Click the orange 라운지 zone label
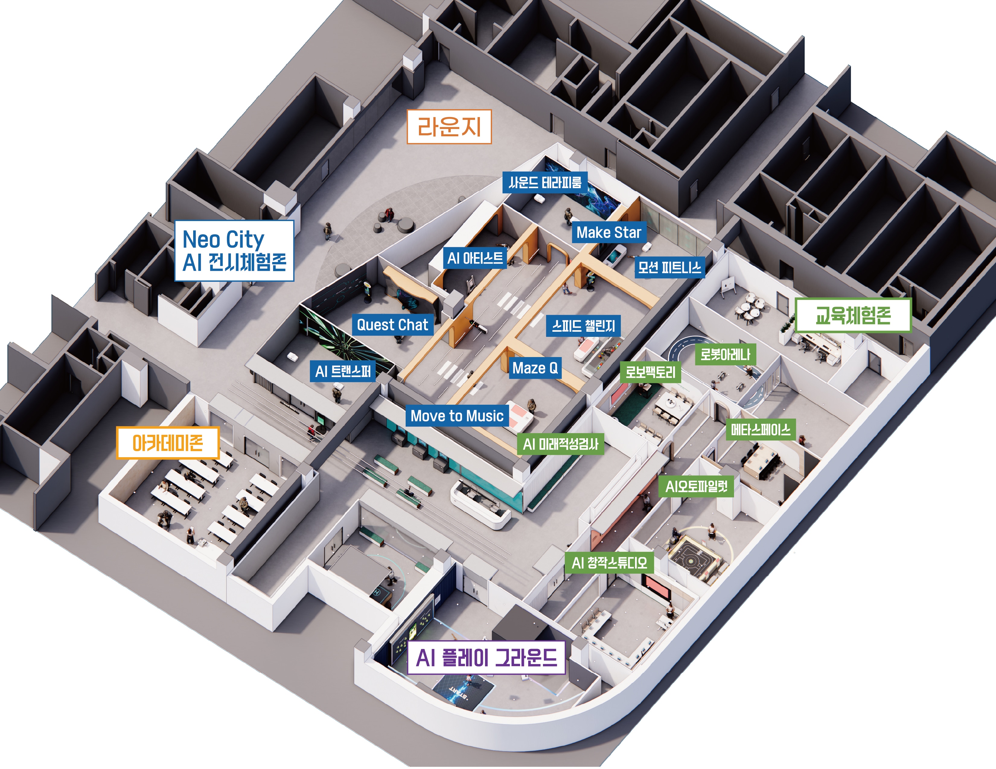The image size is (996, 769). click(x=449, y=127)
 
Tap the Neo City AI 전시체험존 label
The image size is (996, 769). click(x=234, y=251)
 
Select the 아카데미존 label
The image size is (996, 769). click(x=168, y=442)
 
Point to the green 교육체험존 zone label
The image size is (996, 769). click(x=853, y=315)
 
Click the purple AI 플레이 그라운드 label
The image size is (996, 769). click(x=486, y=657)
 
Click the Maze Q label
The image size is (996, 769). click(x=535, y=368)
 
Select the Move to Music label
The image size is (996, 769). click(x=457, y=416)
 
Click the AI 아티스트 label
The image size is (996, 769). click(x=475, y=258)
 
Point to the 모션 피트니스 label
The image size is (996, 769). click(x=669, y=267)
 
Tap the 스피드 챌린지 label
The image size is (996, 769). click(x=583, y=326)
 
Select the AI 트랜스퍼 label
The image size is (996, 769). click(x=343, y=371)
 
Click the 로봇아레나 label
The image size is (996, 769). click(x=725, y=354)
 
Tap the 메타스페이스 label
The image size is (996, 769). click(x=761, y=430)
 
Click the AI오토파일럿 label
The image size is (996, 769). click(x=696, y=486)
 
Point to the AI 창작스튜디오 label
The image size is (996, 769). click(x=609, y=563)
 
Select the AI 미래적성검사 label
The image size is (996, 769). click(x=560, y=444)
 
